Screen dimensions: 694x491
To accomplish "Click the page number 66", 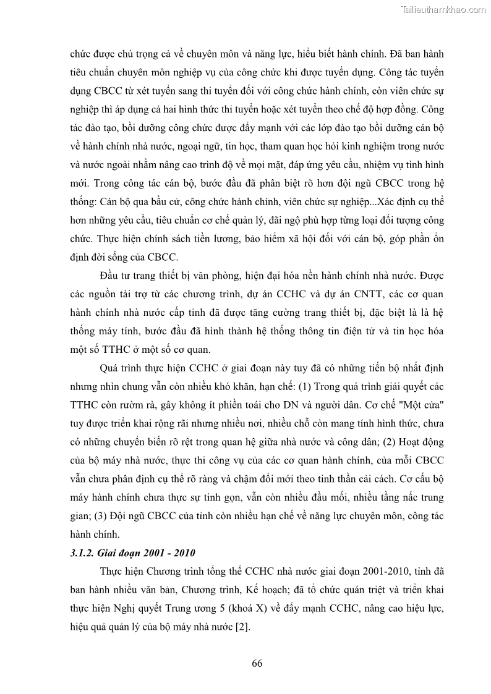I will pos(257,664).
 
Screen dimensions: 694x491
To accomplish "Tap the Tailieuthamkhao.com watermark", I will pos(443,9).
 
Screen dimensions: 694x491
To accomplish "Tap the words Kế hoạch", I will pos(268,589).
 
